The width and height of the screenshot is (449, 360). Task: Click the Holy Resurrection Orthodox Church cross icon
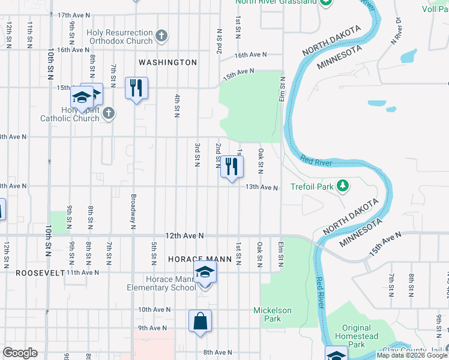(161, 36)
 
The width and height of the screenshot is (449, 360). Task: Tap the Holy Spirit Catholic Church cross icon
(108, 113)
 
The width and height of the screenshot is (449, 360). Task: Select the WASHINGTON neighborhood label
(167, 62)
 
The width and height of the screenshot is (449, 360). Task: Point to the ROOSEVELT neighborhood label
(32, 272)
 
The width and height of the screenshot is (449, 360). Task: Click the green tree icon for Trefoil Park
(342, 186)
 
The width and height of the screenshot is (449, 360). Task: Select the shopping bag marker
(200, 321)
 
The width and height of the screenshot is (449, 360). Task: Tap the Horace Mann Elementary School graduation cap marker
(205, 273)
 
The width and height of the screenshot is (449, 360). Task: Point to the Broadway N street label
(132, 210)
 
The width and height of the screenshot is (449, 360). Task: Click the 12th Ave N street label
(185, 236)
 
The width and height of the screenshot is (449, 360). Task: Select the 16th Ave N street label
(250, 55)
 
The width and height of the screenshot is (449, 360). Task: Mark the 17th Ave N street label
(74, 14)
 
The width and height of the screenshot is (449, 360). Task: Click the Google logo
(20, 353)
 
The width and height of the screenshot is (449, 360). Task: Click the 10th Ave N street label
(155, 310)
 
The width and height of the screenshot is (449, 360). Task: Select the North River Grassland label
(276, 2)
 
